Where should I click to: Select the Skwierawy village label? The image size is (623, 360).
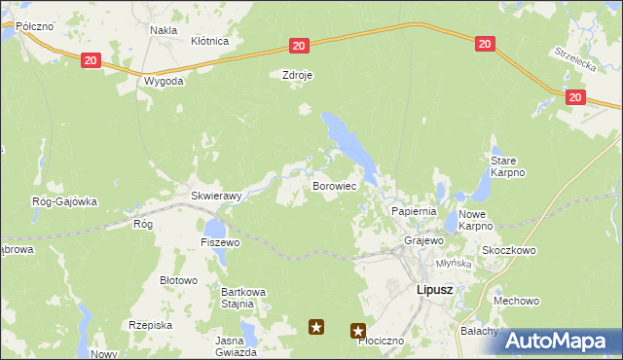click(x=215, y=196)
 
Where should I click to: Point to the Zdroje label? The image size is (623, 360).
click(x=296, y=74)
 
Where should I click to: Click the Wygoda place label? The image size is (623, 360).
click(x=163, y=81)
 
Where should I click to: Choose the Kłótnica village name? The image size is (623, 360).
click(x=209, y=42)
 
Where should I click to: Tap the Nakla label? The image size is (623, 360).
click(x=163, y=30)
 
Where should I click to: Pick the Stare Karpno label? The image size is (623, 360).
click(x=508, y=166)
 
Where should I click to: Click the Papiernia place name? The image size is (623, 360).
click(x=414, y=211)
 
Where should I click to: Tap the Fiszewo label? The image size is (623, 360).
click(x=220, y=242)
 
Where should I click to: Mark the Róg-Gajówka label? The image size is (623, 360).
click(x=64, y=201)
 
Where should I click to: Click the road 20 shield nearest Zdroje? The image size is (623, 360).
click(x=298, y=46)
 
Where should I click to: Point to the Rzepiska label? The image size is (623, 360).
click(x=150, y=325)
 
